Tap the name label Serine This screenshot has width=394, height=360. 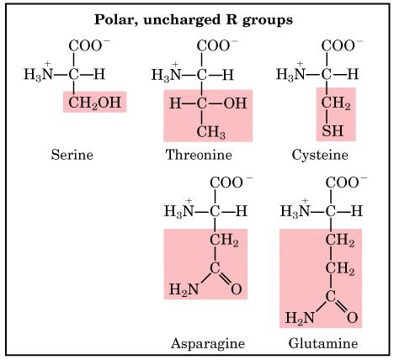[72, 155]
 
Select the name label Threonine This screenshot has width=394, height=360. [199, 155]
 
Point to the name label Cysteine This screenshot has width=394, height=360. [320, 155]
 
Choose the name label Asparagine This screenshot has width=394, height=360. [208, 343]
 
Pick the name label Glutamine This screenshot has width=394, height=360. [323, 343]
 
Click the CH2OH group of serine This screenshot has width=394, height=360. [95, 103]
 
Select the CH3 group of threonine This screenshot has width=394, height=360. [211, 132]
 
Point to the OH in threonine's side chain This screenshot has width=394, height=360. [235, 103]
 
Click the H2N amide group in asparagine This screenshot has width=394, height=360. [184, 289]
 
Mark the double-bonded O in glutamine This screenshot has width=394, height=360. [353, 318]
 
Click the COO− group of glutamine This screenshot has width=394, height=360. [346, 183]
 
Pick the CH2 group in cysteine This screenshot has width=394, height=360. [336, 103]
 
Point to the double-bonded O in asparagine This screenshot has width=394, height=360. [237, 289]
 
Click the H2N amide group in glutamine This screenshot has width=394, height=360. [300, 318]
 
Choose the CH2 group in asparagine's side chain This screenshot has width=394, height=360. [224, 241]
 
